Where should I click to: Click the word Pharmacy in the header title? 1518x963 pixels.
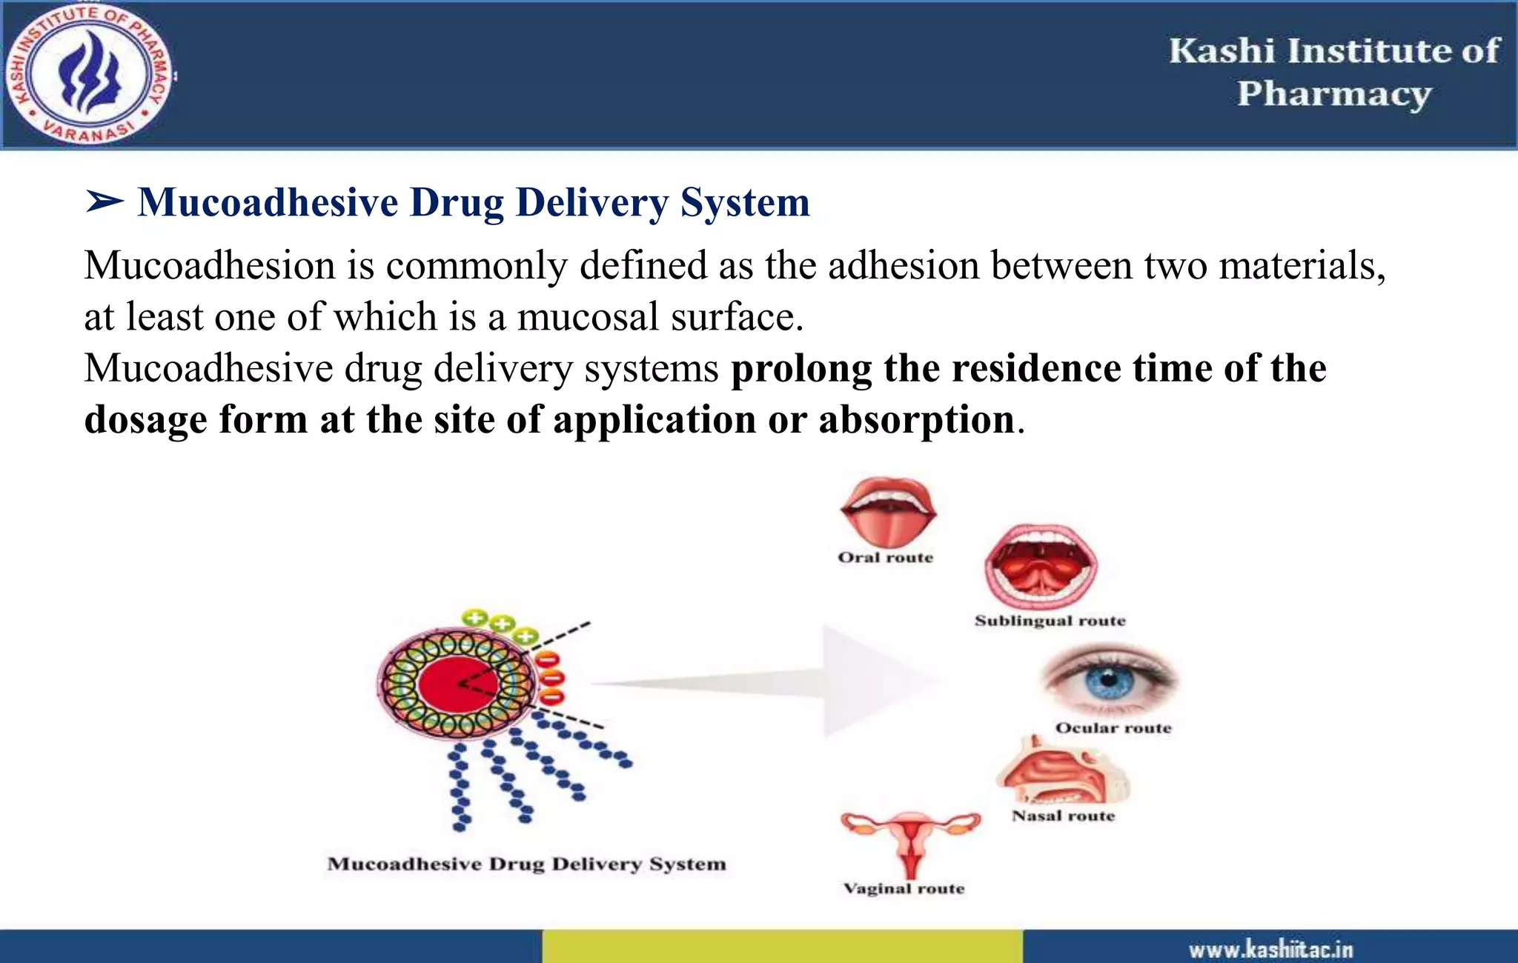[x=1334, y=95]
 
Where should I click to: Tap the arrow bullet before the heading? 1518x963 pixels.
[x=104, y=201]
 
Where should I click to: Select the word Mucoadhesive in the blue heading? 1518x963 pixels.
[x=268, y=202]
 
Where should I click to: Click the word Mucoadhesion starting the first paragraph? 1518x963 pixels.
[x=210, y=266]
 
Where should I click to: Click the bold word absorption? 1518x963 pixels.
[x=916, y=420]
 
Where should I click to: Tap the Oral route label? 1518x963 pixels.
[x=885, y=558]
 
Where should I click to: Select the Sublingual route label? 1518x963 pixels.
[x=1050, y=621]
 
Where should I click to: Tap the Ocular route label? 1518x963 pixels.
[x=1113, y=728]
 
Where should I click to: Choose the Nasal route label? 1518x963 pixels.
[x=1063, y=816]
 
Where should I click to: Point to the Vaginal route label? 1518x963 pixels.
[x=904, y=888]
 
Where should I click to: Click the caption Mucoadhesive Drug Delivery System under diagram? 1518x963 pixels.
[x=526, y=864]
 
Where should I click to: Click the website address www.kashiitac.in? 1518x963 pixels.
[x=1270, y=950]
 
